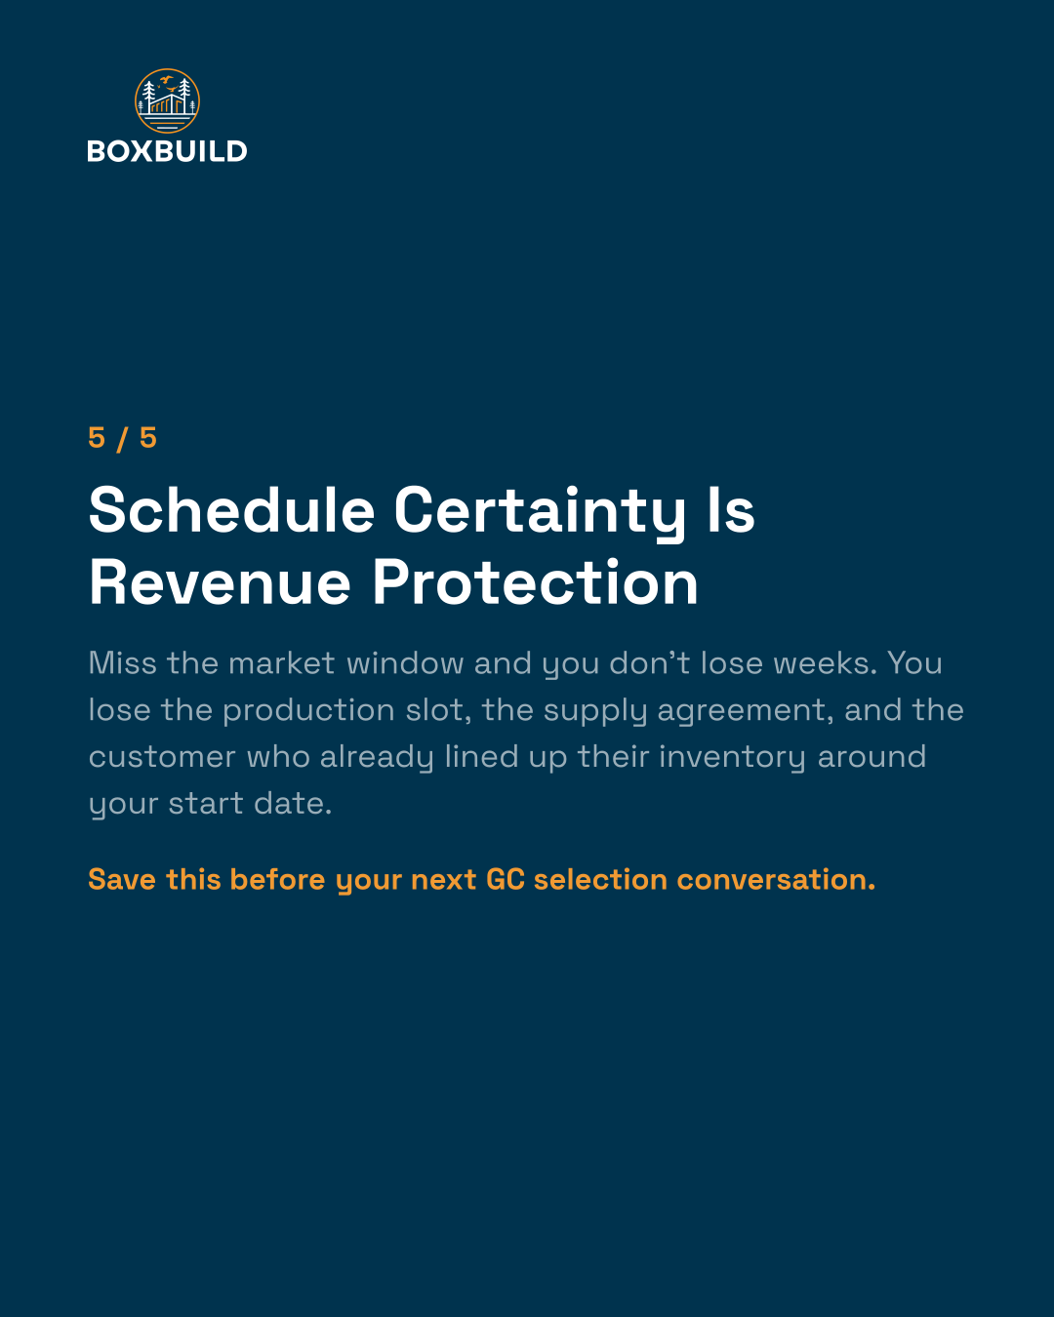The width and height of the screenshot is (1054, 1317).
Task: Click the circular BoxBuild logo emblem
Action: (x=167, y=101)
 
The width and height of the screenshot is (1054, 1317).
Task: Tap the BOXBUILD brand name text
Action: (x=167, y=151)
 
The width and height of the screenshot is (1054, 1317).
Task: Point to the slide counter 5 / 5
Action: (x=123, y=438)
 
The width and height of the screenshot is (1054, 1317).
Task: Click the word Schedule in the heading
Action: (x=231, y=510)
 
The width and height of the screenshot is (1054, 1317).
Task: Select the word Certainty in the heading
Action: (x=540, y=513)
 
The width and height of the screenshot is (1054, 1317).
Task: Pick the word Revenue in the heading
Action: (x=220, y=582)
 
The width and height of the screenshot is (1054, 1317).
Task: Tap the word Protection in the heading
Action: (x=535, y=582)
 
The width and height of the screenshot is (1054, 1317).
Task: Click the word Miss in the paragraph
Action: (x=123, y=662)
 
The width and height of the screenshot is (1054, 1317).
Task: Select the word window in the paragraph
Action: (x=405, y=662)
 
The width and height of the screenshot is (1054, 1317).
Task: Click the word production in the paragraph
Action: (x=308, y=711)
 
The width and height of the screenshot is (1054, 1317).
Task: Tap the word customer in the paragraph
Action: (x=162, y=757)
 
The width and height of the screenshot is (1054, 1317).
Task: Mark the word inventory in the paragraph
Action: (x=732, y=758)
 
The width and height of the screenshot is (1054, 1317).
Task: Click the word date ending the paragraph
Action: (x=293, y=804)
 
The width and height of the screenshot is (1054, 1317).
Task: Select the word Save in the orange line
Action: (x=122, y=879)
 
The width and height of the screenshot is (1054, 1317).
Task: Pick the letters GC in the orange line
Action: (x=506, y=879)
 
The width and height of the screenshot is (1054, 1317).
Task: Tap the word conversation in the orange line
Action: (x=776, y=879)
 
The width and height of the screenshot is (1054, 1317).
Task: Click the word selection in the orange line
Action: (x=600, y=879)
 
